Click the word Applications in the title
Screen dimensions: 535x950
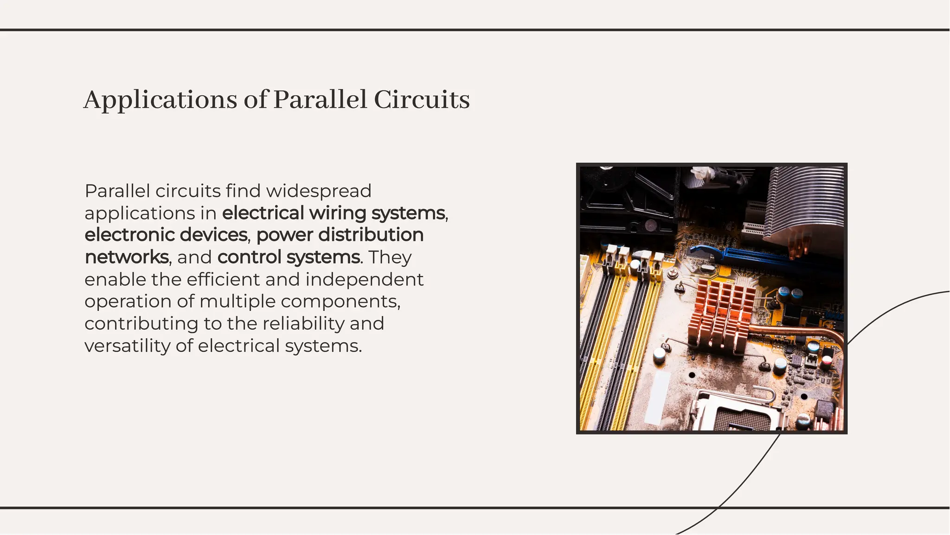[160, 100]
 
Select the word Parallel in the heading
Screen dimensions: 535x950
[320, 100]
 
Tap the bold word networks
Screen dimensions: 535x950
[127, 257]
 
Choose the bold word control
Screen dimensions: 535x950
[249, 257]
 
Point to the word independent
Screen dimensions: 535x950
[364, 279]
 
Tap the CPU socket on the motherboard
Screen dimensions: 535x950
[738, 413]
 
